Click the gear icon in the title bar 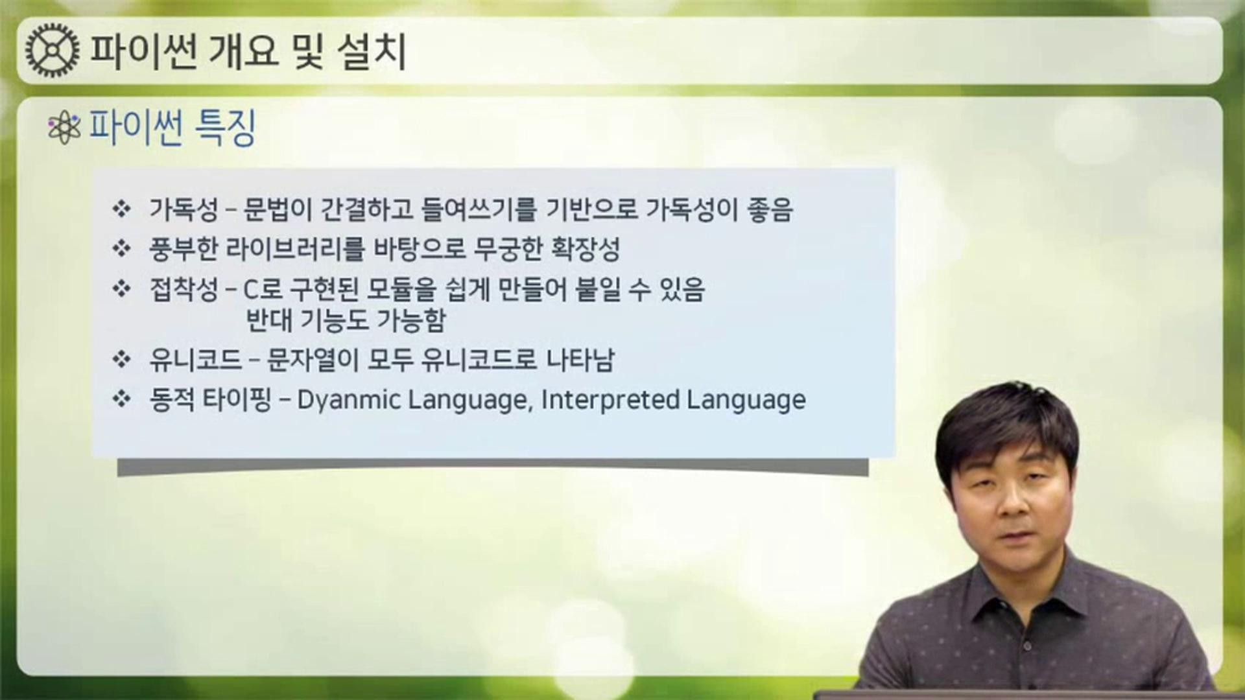point(53,51)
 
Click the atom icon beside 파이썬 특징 point(64,128)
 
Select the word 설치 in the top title point(372,51)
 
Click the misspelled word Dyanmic point(349,400)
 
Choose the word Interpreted point(610,400)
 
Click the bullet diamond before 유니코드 point(121,359)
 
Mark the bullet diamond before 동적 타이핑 point(121,399)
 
